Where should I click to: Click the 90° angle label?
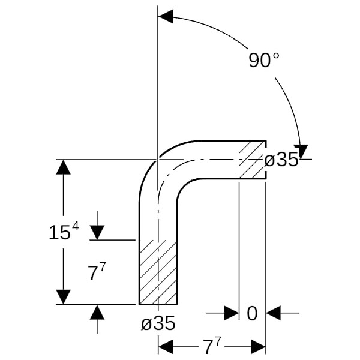(x=264, y=60)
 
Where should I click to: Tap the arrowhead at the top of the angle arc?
(x=166, y=17)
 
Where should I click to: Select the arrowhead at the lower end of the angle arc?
(x=301, y=152)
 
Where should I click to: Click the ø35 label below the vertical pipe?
(x=158, y=323)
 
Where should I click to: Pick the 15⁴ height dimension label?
(x=64, y=232)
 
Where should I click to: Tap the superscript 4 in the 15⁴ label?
(x=76, y=227)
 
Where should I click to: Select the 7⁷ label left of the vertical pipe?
(x=97, y=272)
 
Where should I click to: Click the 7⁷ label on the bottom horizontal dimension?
(x=212, y=346)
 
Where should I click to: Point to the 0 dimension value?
(x=252, y=313)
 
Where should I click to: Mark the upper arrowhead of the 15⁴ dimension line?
(x=64, y=167)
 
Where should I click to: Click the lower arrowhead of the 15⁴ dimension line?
(x=64, y=297)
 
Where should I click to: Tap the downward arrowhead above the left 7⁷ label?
(x=97, y=233)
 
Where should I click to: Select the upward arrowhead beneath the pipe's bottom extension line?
(x=97, y=312)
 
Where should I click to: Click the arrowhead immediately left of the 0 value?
(x=232, y=313)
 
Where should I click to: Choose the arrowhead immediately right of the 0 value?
(x=273, y=313)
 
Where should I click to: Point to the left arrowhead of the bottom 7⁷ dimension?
(x=166, y=347)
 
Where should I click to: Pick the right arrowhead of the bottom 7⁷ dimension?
(x=258, y=347)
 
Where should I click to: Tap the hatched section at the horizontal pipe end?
(x=253, y=160)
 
